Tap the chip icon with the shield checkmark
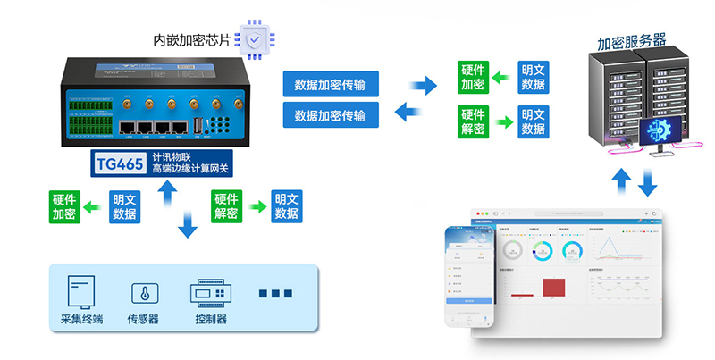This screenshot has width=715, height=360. coord(257,39)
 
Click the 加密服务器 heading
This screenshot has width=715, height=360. coord(632,41)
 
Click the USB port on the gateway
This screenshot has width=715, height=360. coord(195,128)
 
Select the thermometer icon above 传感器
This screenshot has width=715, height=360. coord(141,294)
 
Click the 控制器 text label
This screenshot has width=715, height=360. coord(210,320)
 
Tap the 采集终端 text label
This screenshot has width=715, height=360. coord(81,320)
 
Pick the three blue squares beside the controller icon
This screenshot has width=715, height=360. coord(275,294)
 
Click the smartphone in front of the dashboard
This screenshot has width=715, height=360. coord(470,277)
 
